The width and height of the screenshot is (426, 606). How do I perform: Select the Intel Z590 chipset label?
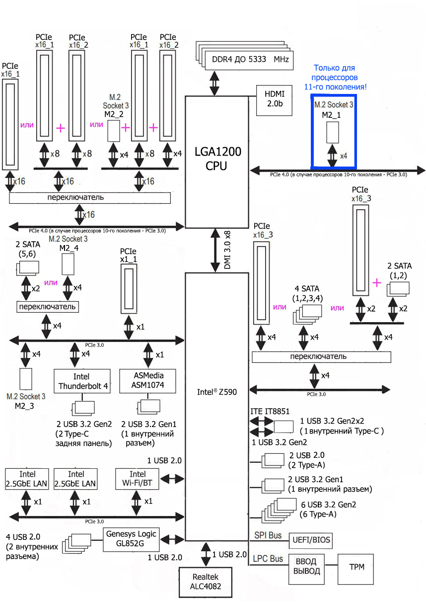click(x=217, y=392)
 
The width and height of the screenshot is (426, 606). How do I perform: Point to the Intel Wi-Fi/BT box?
click(x=138, y=479)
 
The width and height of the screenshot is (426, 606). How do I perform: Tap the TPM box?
click(x=355, y=567)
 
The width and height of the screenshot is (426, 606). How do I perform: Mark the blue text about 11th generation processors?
click(x=335, y=77)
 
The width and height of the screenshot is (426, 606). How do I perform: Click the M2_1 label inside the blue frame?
click(x=333, y=114)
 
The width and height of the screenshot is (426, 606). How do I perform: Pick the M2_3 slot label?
click(x=26, y=405)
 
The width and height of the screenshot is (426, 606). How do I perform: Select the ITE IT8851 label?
click(x=270, y=411)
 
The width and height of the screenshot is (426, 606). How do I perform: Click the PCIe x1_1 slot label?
click(x=128, y=255)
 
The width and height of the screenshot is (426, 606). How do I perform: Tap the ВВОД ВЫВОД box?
click(x=306, y=567)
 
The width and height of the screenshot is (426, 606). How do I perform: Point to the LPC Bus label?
click(x=268, y=559)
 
